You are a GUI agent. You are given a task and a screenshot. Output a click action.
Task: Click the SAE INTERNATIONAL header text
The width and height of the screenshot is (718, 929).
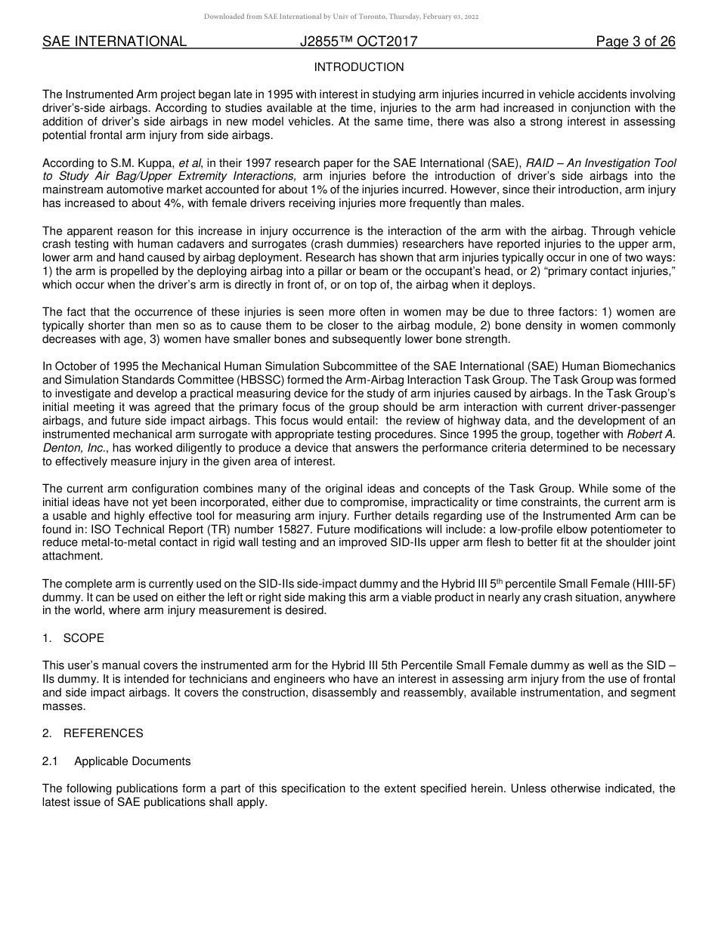114,42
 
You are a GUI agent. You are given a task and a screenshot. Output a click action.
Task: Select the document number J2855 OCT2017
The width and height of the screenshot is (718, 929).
358,42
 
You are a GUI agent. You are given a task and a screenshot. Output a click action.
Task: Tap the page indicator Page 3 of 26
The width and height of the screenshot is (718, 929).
635,42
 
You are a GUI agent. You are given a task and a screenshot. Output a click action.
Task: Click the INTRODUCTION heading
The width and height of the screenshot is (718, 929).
358,67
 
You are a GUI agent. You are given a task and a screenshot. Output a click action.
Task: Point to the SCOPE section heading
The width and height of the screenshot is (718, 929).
83,638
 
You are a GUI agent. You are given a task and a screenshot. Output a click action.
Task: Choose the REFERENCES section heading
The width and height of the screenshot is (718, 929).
103,733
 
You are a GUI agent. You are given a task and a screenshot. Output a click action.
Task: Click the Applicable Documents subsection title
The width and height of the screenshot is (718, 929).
132,761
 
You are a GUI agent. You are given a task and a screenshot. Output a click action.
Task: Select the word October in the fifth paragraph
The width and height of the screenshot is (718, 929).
76,366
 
